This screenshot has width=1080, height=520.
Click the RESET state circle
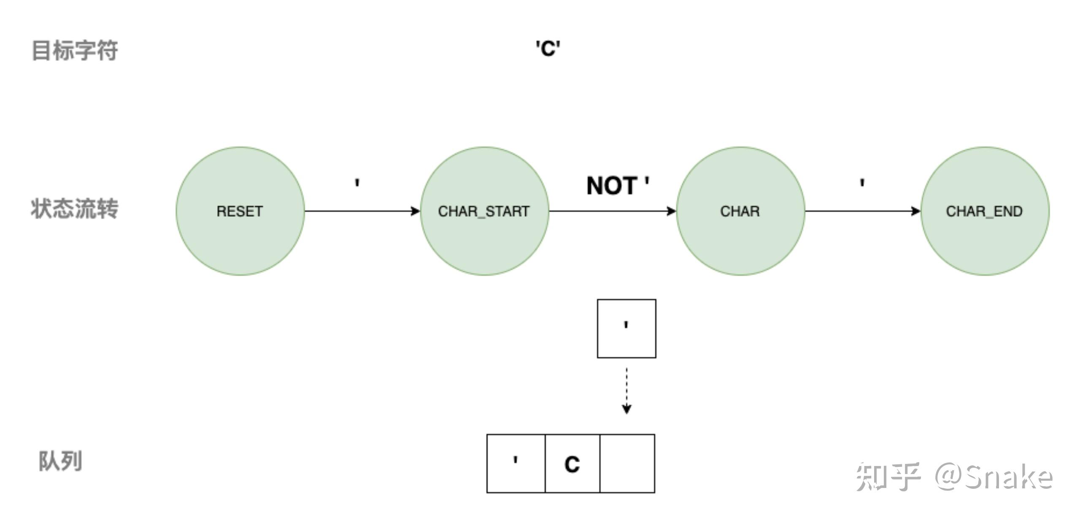240,211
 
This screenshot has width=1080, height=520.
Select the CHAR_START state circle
484,211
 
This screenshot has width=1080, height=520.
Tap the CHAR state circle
740,211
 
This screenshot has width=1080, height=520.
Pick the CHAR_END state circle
985,211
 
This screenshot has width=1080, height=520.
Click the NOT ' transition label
618,186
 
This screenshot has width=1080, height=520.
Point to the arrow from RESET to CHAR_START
362,211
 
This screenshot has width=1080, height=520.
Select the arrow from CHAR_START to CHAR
613,211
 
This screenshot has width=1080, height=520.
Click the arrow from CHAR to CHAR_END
863,211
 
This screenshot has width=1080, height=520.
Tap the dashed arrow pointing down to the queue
626,391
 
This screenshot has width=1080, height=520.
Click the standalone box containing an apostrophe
626,329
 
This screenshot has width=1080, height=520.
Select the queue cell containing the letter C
572,463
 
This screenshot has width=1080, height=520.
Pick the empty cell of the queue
627,463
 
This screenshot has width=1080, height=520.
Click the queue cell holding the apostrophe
516,463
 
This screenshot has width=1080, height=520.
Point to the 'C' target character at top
548,48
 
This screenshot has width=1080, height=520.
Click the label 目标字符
75,51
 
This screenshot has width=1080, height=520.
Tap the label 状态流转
75,209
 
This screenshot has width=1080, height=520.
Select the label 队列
60,461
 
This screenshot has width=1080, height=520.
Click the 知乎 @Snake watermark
954,477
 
